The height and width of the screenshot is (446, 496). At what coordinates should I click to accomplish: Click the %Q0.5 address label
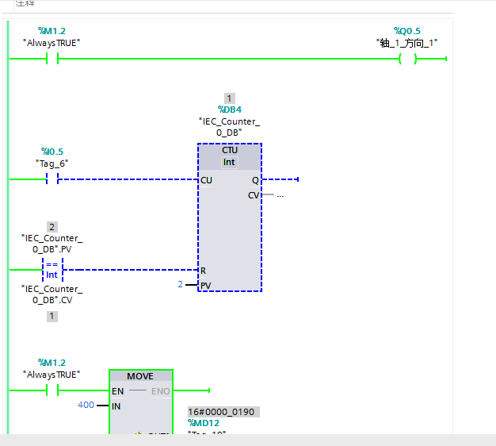click(407, 31)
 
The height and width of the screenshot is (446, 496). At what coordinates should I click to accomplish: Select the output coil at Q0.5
click(407, 59)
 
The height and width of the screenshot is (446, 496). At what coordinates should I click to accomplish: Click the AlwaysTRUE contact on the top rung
click(53, 59)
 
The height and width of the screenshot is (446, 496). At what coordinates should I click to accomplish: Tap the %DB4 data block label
click(229, 110)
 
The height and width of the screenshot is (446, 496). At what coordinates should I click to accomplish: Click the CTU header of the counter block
click(230, 150)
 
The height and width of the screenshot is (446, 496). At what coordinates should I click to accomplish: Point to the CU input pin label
click(207, 180)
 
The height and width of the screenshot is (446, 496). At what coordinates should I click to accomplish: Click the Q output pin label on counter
click(255, 180)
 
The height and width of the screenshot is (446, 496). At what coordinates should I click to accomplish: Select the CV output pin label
click(254, 195)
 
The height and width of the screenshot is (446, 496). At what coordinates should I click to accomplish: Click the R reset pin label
click(204, 271)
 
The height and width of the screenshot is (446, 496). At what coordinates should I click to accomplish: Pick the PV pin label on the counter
click(206, 286)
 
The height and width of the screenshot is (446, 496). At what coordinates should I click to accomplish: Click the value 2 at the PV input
click(180, 284)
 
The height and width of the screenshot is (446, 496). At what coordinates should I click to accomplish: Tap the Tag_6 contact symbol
click(53, 180)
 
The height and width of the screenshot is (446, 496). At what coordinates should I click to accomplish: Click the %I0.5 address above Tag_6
click(52, 152)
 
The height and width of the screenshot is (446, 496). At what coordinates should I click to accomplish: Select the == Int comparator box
click(52, 270)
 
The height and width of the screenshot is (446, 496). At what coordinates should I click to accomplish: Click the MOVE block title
click(140, 376)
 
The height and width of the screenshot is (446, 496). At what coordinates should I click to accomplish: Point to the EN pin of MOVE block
click(118, 390)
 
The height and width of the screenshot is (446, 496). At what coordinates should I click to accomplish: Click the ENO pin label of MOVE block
click(160, 390)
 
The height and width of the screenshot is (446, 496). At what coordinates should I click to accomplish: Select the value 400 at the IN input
click(86, 406)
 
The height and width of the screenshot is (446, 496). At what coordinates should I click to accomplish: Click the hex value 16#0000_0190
click(223, 412)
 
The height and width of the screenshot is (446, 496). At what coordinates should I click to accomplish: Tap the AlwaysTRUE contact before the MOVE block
click(53, 390)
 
